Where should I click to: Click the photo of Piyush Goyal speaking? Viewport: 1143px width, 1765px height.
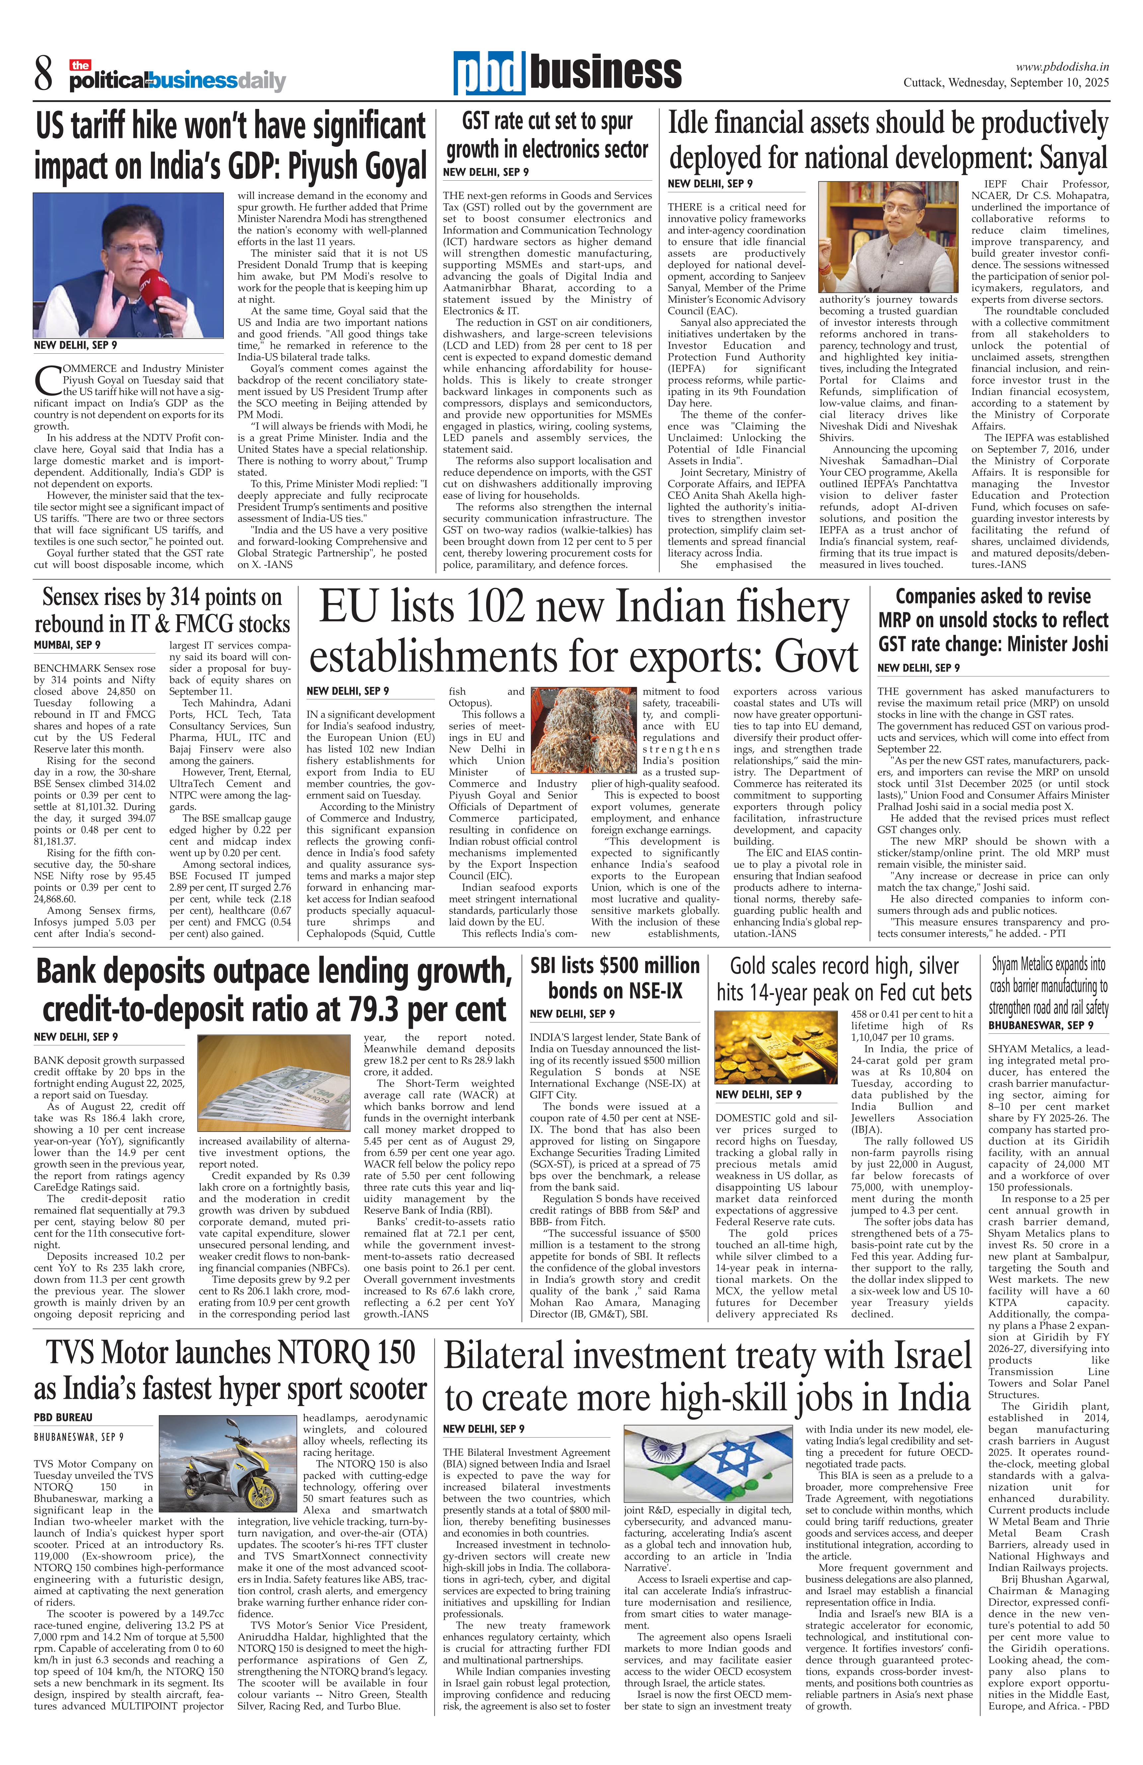[127, 265]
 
